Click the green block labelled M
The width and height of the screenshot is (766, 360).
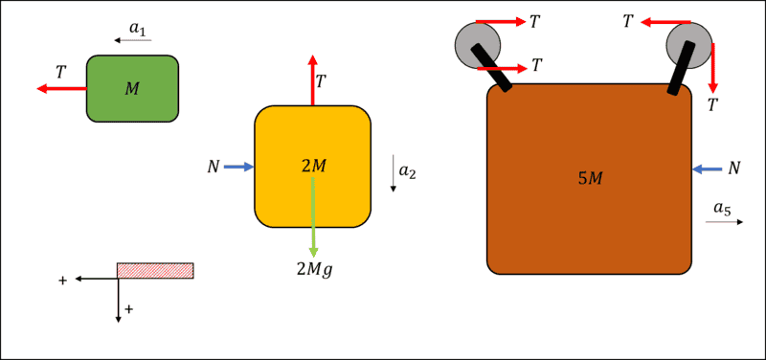tap(132, 88)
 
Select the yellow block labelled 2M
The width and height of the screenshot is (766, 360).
tap(313, 167)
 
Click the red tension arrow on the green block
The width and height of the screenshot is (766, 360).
tap(62, 88)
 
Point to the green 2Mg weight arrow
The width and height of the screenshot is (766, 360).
tap(313, 217)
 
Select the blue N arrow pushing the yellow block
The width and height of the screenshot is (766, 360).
tap(238, 167)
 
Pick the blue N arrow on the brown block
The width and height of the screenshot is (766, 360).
tap(707, 169)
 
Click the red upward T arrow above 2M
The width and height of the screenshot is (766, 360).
tap(313, 79)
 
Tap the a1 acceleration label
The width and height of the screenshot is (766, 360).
tap(137, 29)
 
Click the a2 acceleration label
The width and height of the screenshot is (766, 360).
tap(408, 172)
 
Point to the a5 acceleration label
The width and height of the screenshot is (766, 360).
tap(723, 209)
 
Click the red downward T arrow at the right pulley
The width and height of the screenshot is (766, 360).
tap(713, 68)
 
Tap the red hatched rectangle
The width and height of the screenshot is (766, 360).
tap(155, 271)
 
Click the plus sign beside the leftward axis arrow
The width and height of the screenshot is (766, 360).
tap(62, 281)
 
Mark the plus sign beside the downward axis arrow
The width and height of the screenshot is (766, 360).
tap(129, 308)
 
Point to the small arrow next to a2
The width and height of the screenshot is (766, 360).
tap(393, 174)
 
